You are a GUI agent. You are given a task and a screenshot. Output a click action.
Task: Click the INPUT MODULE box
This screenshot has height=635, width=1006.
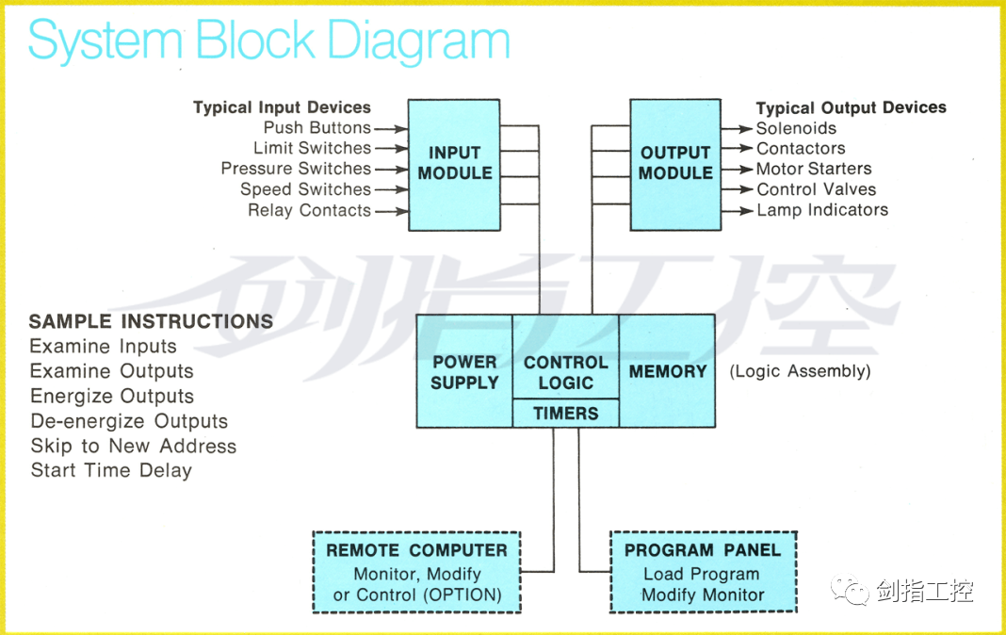(x=454, y=165)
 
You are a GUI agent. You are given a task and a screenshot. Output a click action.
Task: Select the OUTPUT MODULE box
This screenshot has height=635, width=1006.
(x=675, y=165)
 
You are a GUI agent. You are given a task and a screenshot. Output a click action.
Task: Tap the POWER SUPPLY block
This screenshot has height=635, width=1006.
(x=464, y=371)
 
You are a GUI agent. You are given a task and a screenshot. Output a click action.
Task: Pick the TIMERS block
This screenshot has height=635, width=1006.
(x=566, y=413)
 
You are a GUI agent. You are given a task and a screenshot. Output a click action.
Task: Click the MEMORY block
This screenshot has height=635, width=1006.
(x=667, y=371)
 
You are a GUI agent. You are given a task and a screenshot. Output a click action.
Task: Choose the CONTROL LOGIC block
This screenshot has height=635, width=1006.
(x=566, y=357)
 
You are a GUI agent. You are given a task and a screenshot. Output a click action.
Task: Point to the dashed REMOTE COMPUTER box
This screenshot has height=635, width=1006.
(x=417, y=572)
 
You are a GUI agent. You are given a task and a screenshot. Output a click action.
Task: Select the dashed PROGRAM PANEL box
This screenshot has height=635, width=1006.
(x=704, y=572)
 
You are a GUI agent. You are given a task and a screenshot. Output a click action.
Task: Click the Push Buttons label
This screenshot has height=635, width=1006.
(x=317, y=127)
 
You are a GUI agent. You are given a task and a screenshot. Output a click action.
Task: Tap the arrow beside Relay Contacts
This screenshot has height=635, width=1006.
(x=391, y=211)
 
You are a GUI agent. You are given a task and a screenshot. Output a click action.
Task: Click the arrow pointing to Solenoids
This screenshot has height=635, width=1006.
(x=737, y=129)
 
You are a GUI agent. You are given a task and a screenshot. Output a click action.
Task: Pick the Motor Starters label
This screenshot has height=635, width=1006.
(x=814, y=169)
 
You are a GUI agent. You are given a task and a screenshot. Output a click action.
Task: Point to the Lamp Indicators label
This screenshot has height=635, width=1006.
(x=822, y=210)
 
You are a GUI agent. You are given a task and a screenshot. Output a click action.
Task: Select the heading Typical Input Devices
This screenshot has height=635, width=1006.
(x=283, y=107)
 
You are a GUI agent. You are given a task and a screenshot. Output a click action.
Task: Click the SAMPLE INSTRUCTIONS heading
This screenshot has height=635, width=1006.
(x=152, y=320)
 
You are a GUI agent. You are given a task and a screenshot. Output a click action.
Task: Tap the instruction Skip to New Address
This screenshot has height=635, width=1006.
(x=134, y=446)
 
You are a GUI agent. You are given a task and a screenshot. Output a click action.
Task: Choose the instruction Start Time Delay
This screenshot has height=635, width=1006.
(x=112, y=470)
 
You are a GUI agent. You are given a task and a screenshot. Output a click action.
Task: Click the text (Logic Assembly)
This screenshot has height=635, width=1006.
(x=800, y=371)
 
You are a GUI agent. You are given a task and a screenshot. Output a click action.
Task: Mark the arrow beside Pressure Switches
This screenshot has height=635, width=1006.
(x=391, y=170)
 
